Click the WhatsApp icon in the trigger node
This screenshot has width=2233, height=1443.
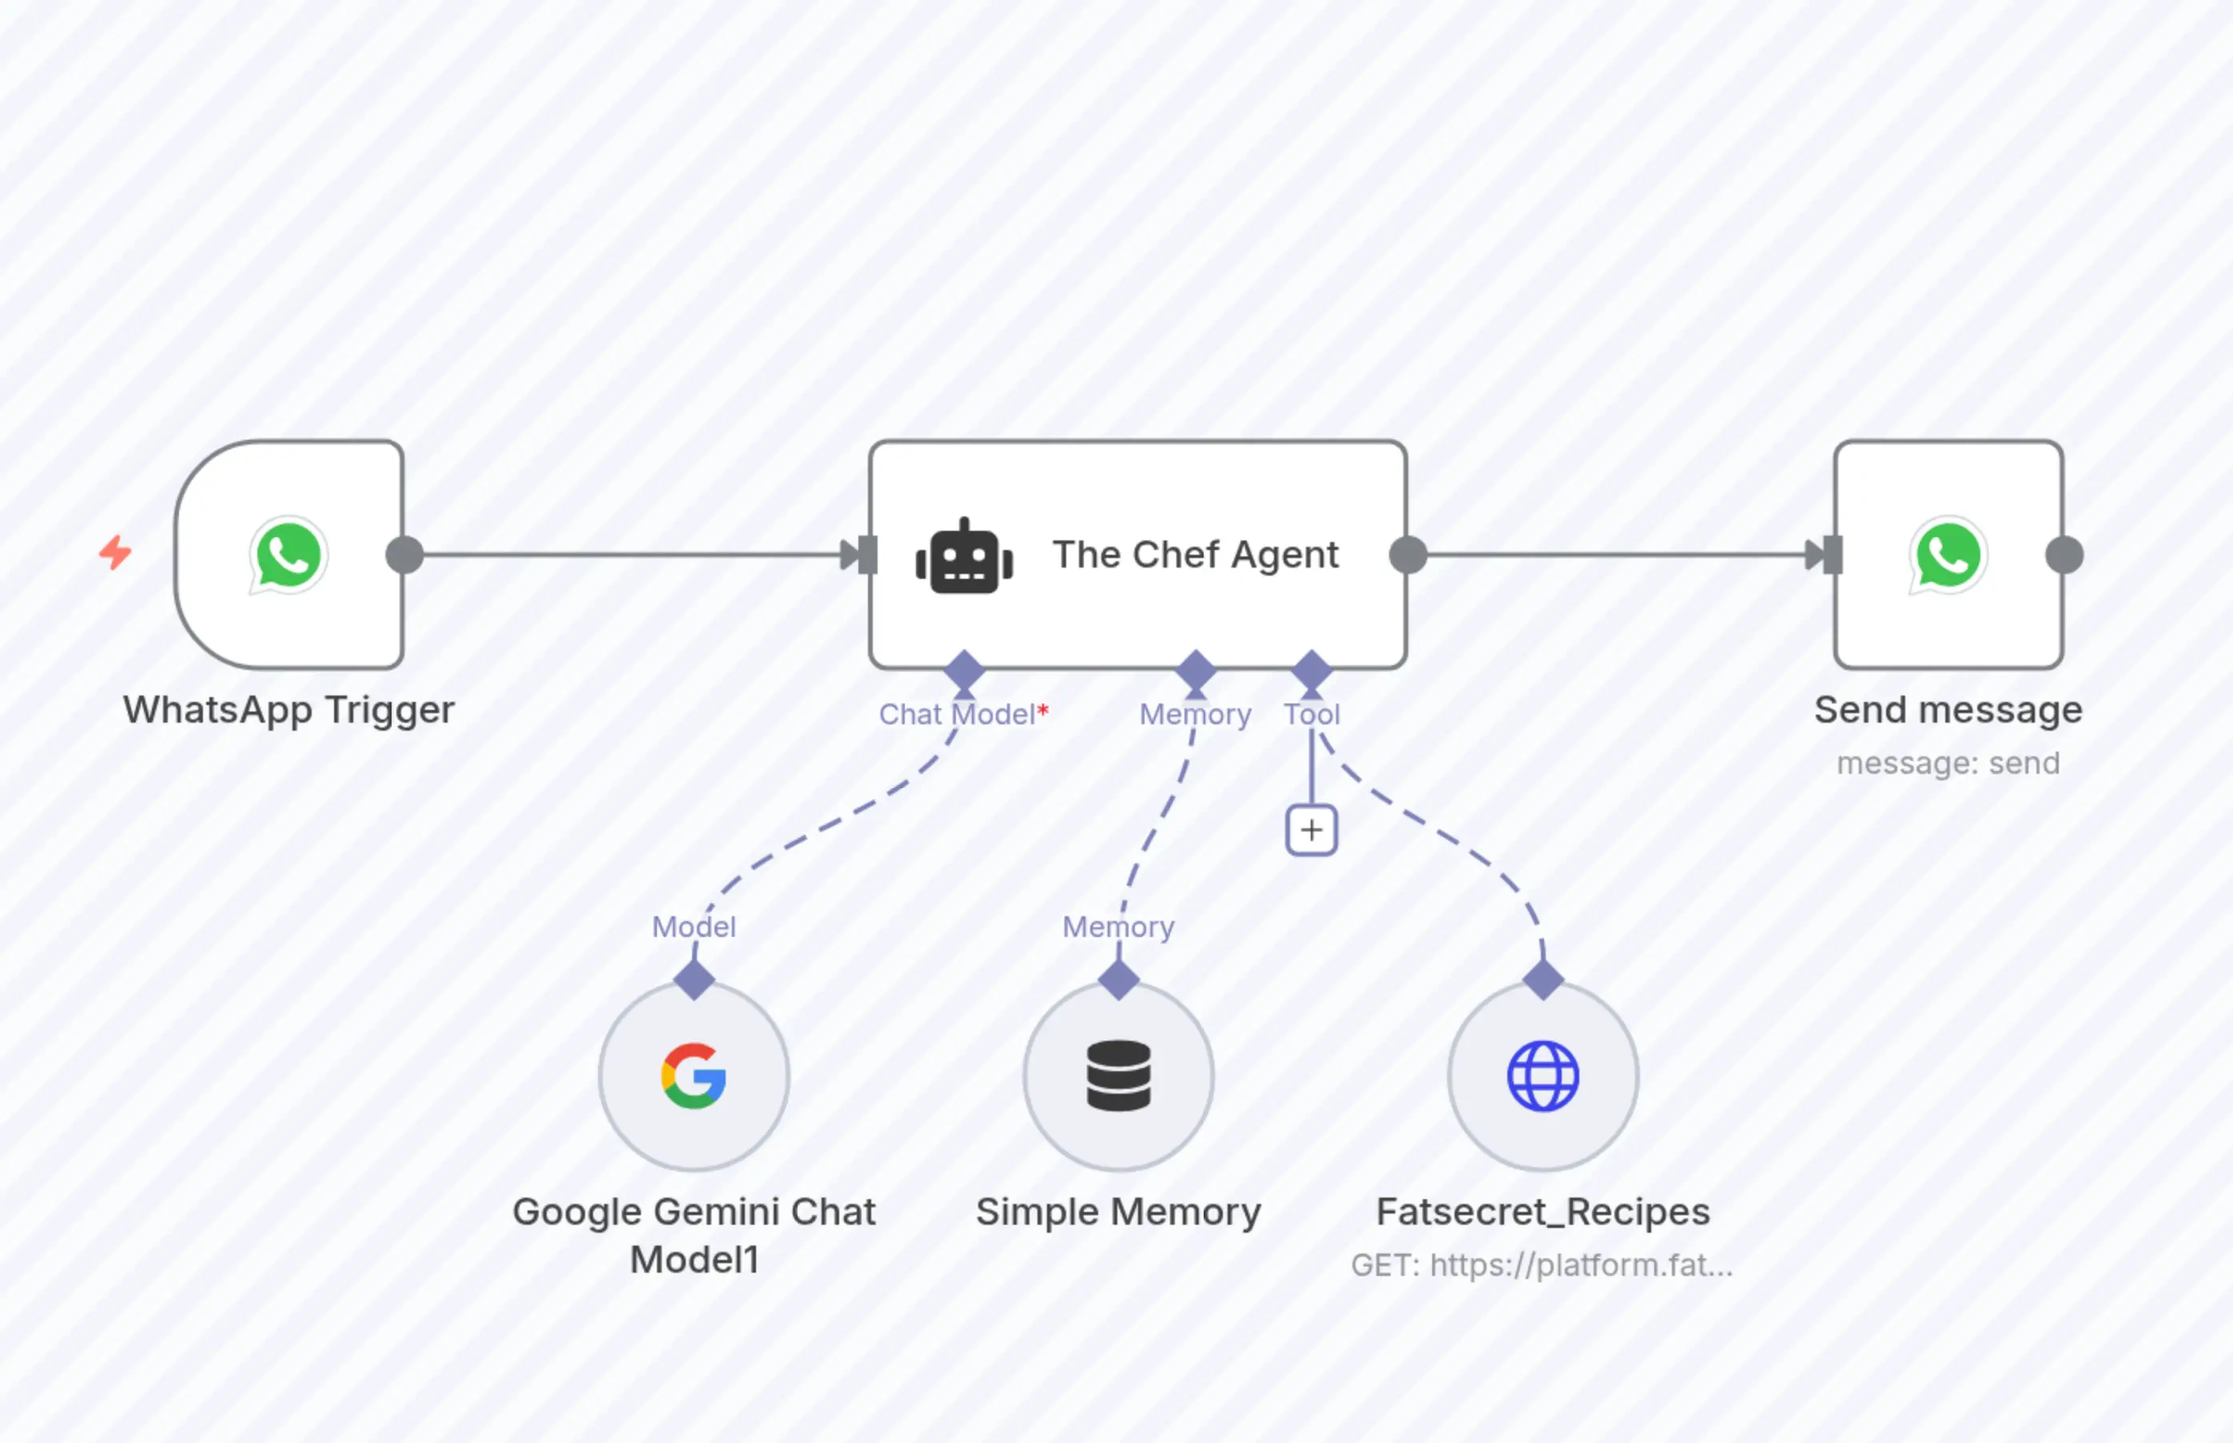coord(289,555)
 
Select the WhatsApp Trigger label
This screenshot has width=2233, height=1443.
coord(289,709)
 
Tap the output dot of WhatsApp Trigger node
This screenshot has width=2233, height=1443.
coord(404,555)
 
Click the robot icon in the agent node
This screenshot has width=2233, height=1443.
coord(964,556)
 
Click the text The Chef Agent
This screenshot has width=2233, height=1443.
coord(1195,555)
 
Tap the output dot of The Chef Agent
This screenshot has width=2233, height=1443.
coord(1407,555)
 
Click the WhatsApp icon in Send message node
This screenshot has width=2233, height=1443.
coord(1948,555)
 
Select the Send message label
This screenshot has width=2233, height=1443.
coord(1948,709)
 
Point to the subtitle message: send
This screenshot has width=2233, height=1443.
coord(1948,763)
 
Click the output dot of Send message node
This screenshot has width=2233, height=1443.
coord(2064,555)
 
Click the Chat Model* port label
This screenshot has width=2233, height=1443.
coord(963,714)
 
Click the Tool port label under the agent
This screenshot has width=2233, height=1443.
coord(1312,714)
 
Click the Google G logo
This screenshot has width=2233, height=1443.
coord(694,1076)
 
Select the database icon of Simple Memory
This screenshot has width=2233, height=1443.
coord(1118,1076)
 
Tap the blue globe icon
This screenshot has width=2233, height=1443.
coord(1542,1076)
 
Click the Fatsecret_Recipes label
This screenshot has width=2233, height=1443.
coord(1542,1211)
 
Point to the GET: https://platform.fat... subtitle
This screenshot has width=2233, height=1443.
coord(1542,1265)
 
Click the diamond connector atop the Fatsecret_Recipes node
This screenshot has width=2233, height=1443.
coord(1542,980)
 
